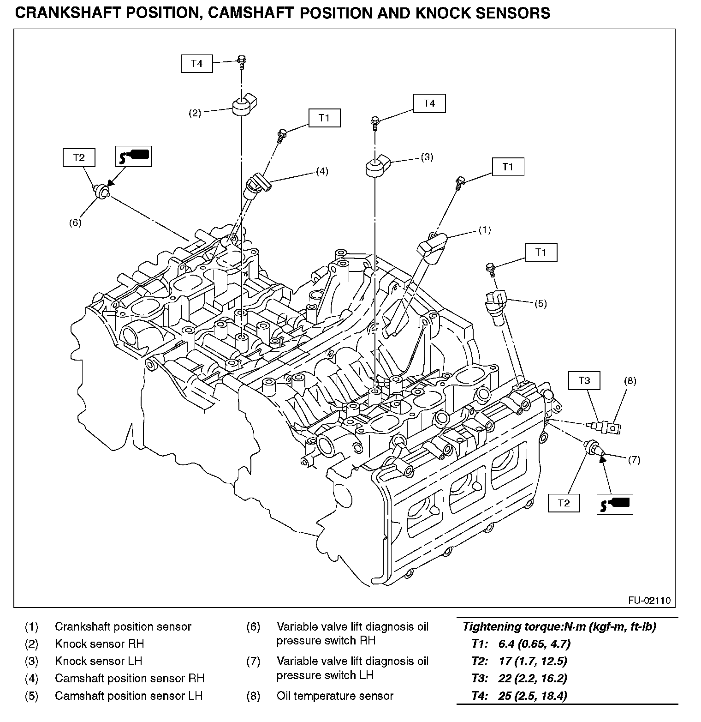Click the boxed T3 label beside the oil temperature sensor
pos(584,381)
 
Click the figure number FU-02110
pos(649,601)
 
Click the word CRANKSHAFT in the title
pos(60,13)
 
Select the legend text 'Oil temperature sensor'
pos(335,696)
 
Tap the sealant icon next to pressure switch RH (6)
pos(133,157)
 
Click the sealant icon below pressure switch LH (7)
pos(615,504)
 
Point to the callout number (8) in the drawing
pos(630,381)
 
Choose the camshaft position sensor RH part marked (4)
pos(259,184)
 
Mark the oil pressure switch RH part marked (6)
pos(101,192)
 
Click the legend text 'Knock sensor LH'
pos(99,661)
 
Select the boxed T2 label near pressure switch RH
pos(79,157)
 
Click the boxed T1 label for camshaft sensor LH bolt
pos(541,253)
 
